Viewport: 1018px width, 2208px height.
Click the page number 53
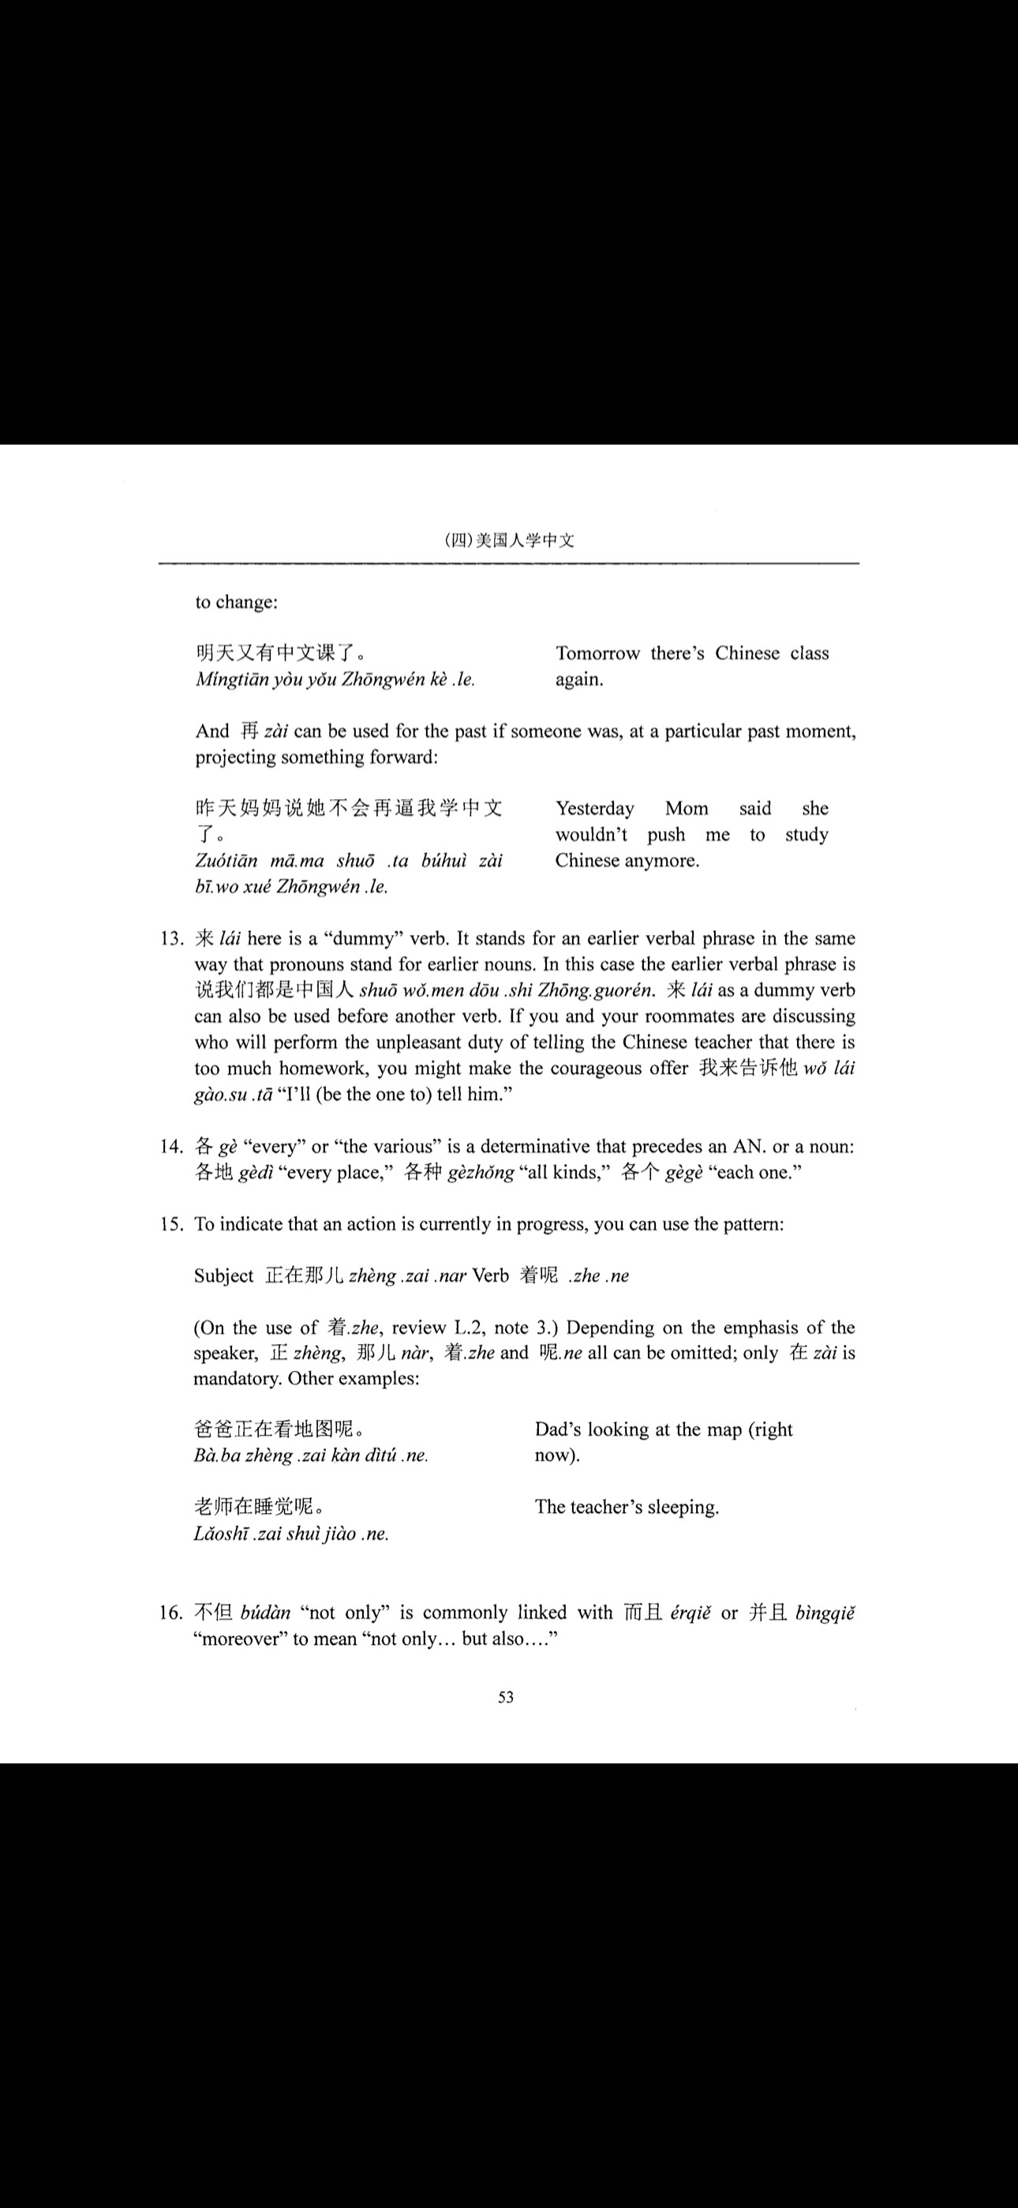point(506,1697)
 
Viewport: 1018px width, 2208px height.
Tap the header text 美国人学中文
point(525,540)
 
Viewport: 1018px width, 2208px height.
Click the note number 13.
point(171,939)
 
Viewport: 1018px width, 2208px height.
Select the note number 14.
point(171,1146)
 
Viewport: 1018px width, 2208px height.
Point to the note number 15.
point(171,1224)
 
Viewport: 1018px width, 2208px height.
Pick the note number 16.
point(171,1613)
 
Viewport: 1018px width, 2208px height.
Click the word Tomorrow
point(597,653)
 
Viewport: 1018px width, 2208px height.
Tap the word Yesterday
point(595,809)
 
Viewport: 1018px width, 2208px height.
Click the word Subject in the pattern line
point(223,1275)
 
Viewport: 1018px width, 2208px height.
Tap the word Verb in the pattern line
point(490,1275)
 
